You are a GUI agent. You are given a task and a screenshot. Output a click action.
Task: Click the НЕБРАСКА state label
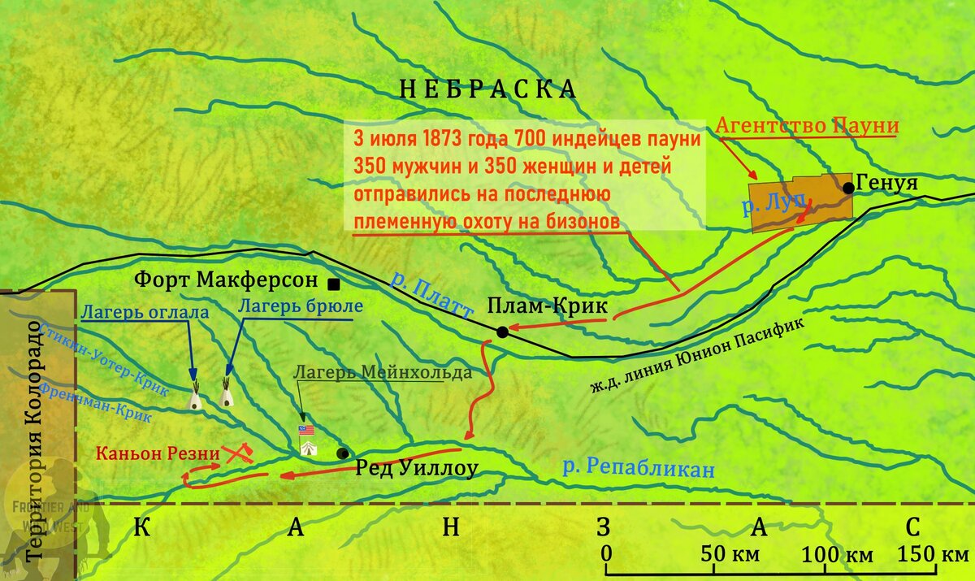point(487,89)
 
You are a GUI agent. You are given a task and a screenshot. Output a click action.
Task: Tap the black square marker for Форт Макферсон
point(333,284)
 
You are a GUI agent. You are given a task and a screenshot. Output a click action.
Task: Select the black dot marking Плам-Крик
point(503,332)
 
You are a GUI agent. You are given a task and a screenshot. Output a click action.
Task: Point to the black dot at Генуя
point(848,188)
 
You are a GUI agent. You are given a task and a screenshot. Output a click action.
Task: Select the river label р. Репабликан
point(639,468)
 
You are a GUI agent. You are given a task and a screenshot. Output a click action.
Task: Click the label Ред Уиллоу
point(414,467)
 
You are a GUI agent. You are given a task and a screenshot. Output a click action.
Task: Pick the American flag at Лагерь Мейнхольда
point(306,430)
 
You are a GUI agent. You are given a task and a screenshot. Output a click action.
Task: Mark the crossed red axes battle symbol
point(236,452)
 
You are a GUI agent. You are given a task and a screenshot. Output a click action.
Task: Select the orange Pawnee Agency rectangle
point(800,203)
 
